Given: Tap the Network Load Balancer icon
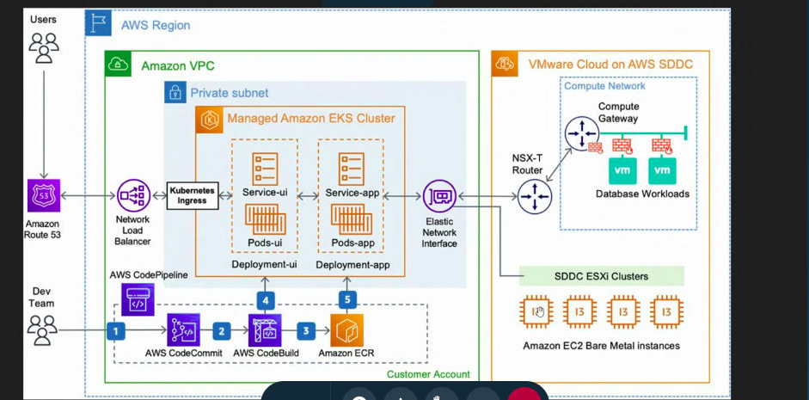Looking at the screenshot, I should click(x=133, y=196).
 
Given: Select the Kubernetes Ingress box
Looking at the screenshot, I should click(x=193, y=195).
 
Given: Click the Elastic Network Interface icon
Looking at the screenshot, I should click(x=439, y=196).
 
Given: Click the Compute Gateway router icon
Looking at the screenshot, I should click(x=582, y=132).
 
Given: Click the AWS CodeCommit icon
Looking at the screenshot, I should click(x=184, y=329).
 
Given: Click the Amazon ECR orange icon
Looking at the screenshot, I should click(x=346, y=330).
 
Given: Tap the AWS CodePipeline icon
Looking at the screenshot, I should click(x=138, y=300).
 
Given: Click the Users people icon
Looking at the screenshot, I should click(x=44, y=47).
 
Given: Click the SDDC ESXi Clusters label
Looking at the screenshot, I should click(x=602, y=276).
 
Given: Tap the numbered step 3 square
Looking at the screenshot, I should click(x=305, y=329).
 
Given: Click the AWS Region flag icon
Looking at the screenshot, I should click(x=100, y=24).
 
